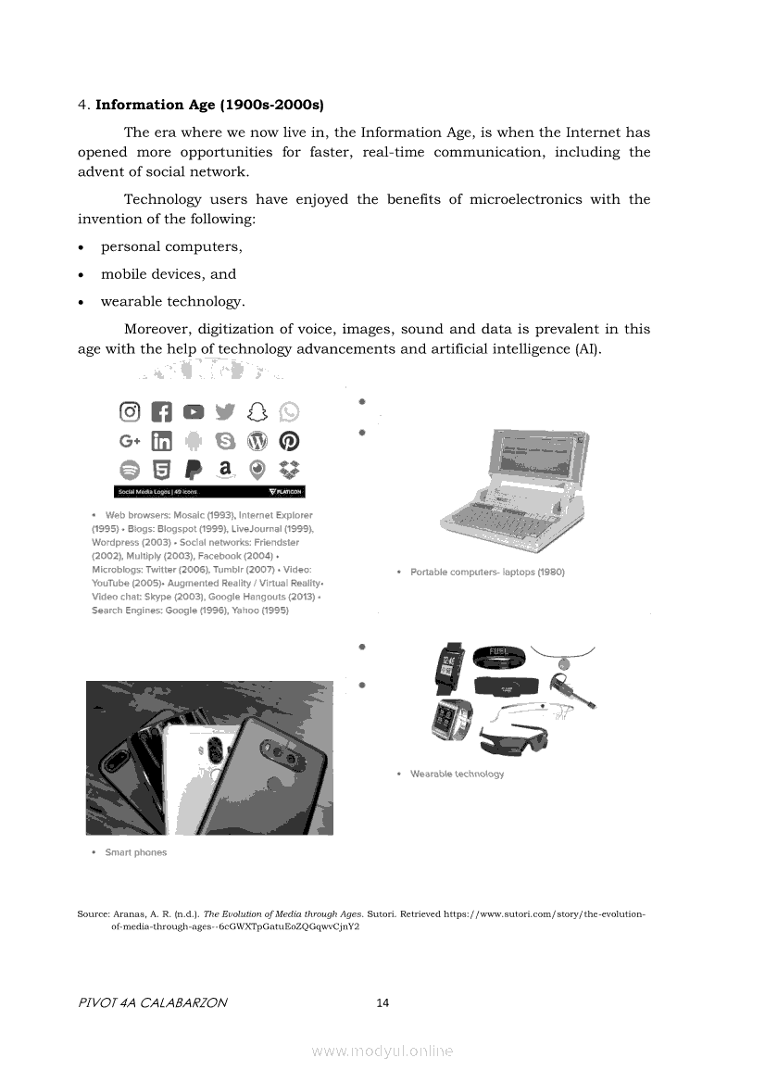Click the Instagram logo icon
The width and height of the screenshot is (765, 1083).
click(131, 411)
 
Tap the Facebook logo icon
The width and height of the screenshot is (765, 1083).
click(162, 411)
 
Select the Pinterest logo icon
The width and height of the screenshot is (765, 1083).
click(289, 440)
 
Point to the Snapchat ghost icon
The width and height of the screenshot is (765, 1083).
click(257, 411)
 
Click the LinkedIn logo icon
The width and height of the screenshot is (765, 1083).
click(162, 440)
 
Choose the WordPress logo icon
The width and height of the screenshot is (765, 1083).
click(257, 440)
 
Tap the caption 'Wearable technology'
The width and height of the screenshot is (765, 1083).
click(457, 774)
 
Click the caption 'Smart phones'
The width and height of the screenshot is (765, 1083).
click(135, 852)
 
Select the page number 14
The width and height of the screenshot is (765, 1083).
click(383, 1002)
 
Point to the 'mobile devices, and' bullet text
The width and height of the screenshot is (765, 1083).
click(169, 274)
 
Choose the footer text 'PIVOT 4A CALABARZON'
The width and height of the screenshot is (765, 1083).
click(152, 1002)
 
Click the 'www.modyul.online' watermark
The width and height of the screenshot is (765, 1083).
click(382, 1051)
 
